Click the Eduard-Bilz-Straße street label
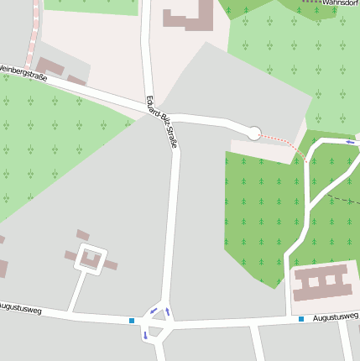pyautogui.click(x=161, y=123)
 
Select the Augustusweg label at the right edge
pyautogui.click(x=336, y=317)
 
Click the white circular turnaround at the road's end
pyautogui.click(x=253, y=133)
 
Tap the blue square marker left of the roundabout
pyautogui.click(x=132, y=320)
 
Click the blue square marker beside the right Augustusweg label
pyautogui.click(x=300, y=319)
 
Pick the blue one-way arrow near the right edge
pyautogui.click(x=350, y=142)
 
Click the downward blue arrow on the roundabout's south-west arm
pyautogui.click(x=144, y=335)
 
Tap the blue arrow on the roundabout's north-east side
pyautogui.click(x=167, y=312)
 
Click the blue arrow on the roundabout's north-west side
pyautogui.click(x=153, y=311)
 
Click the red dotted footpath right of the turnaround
pyautogui.click(x=281, y=141)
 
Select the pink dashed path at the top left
pyautogui.click(x=34, y=34)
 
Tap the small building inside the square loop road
pyautogui.click(x=91, y=260)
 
